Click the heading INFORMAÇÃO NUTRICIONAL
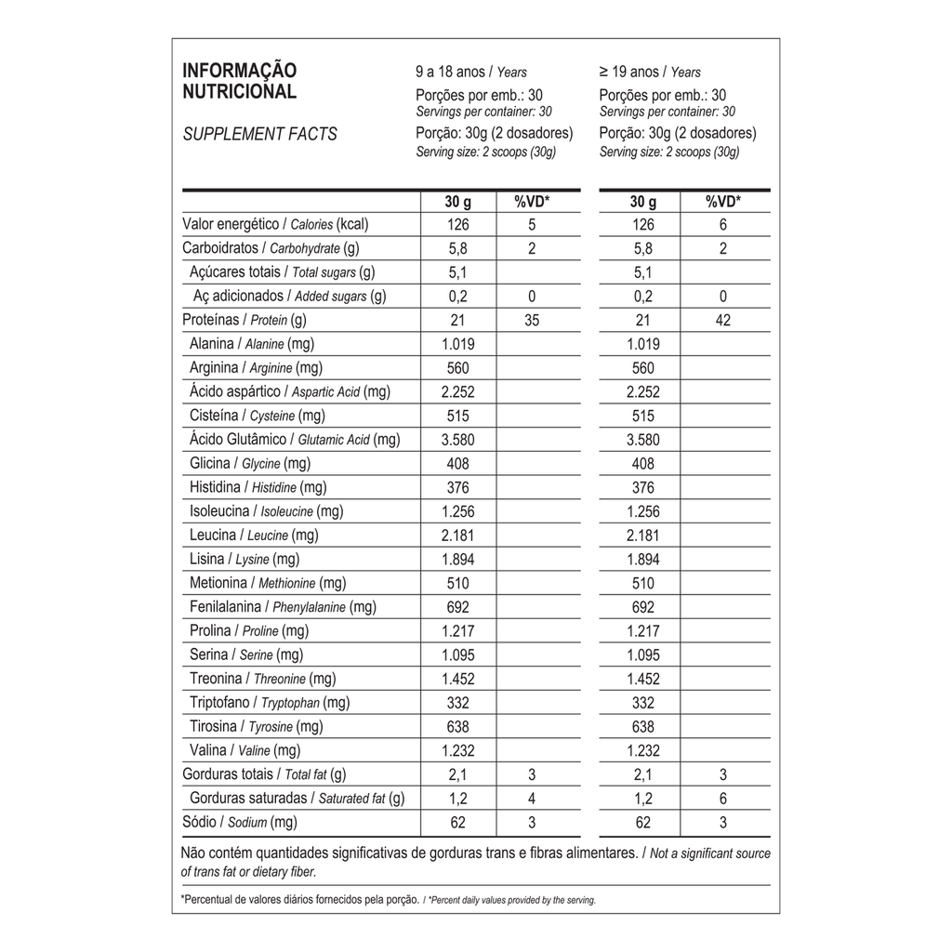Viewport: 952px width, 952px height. (239, 81)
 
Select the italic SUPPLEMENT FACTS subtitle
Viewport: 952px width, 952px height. (259, 134)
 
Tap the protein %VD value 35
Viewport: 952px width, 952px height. (532, 321)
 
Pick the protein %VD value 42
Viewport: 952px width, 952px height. (723, 321)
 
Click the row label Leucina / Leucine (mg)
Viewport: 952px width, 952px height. (254, 535)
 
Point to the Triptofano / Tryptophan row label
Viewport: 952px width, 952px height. (270, 703)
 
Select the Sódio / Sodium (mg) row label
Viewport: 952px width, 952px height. (239, 822)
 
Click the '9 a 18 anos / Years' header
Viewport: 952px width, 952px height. (470, 72)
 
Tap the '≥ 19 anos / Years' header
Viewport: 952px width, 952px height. (650, 72)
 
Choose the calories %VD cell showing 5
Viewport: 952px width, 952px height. (532, 224)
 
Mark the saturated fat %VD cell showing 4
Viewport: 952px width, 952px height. (532, 799)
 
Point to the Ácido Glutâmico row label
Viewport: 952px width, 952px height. (294, 439)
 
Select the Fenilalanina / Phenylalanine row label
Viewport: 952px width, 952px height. (283, 607)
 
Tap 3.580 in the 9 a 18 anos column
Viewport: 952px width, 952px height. (457, 439)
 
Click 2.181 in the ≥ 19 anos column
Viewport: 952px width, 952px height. (642, 535)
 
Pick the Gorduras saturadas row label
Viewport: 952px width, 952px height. (297, 799)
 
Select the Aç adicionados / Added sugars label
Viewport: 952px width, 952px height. (289, 297)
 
